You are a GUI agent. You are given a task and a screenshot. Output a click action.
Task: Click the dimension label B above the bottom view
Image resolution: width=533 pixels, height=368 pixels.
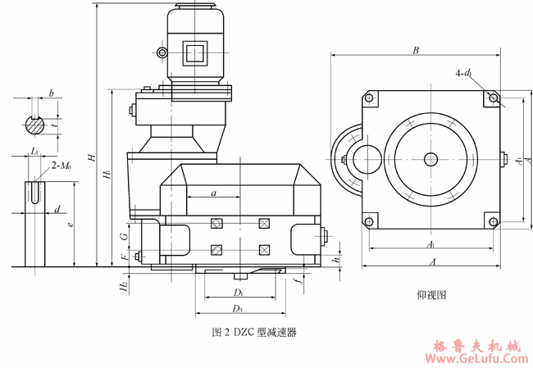[416, 50]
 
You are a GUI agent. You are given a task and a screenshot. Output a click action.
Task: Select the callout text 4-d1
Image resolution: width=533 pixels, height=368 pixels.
[463, 74]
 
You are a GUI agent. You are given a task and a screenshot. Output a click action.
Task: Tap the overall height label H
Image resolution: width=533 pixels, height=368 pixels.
[92, 157]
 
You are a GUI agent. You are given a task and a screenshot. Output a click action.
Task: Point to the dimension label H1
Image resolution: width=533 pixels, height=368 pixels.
[107, 175]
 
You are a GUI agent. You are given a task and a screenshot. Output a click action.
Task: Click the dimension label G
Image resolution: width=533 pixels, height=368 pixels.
[123, 235]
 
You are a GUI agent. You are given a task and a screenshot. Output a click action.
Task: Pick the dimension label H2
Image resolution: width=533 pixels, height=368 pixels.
[123, 286]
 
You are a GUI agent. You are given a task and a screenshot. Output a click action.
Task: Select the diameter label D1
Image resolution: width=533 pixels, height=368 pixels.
[238, 292]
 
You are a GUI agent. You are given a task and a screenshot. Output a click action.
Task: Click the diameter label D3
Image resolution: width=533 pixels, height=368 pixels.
[238, 308]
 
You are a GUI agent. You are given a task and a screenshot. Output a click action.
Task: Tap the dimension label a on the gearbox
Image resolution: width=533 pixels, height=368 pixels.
[213, 193]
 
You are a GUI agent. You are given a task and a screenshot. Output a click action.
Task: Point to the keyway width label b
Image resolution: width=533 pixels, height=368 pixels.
[52, 94]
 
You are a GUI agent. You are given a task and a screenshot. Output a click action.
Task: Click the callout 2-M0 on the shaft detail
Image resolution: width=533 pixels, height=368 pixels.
[61, 166]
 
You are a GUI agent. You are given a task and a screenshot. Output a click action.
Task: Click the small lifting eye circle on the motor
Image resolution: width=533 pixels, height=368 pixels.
[162, 54]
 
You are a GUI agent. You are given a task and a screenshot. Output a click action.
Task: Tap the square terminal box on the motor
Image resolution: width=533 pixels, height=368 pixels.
[195, 53]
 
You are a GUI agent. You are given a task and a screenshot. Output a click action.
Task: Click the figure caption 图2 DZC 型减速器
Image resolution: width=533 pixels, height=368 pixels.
[253, 333]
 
